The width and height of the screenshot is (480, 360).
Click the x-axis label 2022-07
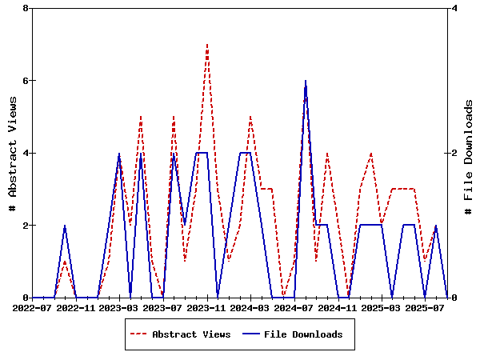point(32,307)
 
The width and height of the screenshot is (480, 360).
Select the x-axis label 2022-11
point(76,307)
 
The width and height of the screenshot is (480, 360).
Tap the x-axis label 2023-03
point(119,307)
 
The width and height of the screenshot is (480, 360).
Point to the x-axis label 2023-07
point(163,307)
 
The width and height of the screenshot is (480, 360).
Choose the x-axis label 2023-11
point(207,307)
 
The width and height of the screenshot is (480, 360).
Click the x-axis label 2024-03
point(250,307)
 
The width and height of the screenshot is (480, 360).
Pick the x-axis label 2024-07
point(294,307)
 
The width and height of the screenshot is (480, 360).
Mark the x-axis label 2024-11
point(338,307)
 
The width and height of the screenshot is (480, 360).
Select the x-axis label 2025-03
point(382,307)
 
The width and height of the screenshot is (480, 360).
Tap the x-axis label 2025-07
point(426,307)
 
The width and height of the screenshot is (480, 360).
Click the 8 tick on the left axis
point(26,8)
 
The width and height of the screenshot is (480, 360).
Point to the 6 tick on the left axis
point(26,81)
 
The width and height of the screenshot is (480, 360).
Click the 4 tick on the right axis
point(454,8)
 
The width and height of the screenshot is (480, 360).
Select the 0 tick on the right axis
point(454,298)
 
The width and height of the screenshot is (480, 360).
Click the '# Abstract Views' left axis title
point(12,153)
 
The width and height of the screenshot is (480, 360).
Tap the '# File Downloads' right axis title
point(469,153)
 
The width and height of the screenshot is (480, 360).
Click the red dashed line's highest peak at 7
point(207,45)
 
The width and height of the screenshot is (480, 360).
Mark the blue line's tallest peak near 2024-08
point(306,81)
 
